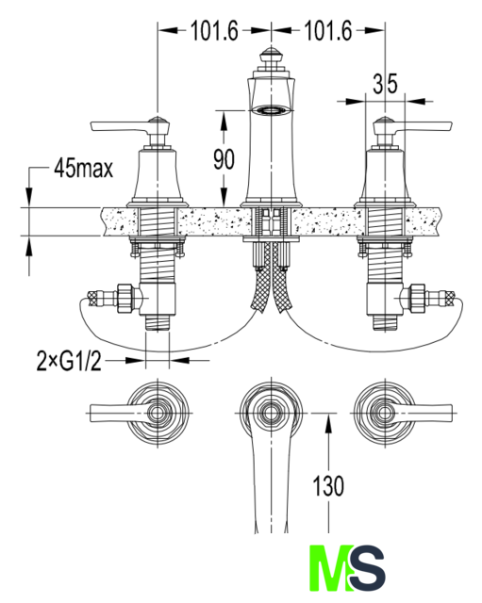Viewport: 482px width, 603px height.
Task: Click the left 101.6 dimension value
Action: coord(214,31)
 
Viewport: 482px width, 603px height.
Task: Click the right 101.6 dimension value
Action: coord(328,31)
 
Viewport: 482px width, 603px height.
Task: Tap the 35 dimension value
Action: coord(385,84)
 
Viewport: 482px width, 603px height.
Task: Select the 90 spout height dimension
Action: coord(224,159)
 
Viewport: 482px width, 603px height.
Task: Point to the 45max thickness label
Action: coord(84,168)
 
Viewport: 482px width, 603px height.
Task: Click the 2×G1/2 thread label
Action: coord(69,361)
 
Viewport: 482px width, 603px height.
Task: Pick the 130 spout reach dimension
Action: coord(328,486)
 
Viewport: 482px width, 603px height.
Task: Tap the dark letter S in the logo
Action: coord(368,568)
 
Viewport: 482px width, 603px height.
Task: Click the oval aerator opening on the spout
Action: coord(271,110)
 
